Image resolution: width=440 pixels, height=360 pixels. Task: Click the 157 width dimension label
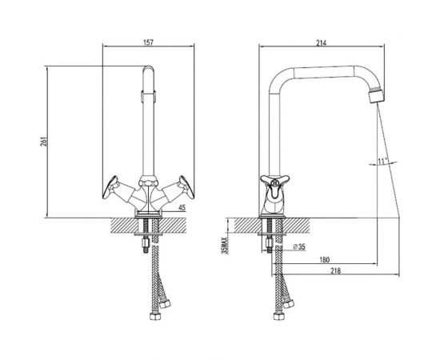(149, 42)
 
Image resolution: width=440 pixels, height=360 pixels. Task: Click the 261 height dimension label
(43, 142)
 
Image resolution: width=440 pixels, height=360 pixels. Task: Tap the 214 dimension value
(322, 43)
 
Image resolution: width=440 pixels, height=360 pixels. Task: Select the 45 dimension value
(182, 208)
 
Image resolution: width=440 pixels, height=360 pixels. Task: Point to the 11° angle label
(382, 162)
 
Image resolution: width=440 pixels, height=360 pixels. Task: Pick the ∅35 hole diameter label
(299, 246)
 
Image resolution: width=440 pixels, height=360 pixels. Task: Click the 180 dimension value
(324, 260)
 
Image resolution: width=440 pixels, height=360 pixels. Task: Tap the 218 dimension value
(336, 270)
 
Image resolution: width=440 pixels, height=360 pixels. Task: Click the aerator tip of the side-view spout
(376, 95)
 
